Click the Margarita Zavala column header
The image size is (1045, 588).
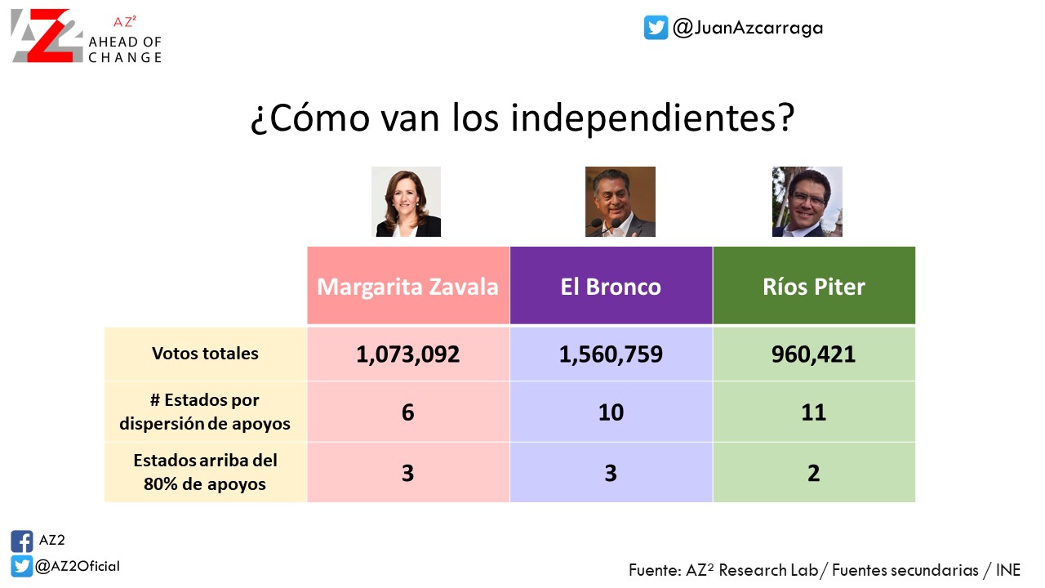coord(407,286)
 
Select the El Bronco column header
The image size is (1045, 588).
coord(611,286)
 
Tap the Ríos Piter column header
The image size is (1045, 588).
coord(814,286)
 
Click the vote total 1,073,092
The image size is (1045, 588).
coord(407,354)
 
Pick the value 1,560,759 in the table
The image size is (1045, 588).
coord(611,354)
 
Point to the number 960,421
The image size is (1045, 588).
coord(814,354)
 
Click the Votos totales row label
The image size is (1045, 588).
coord(205,354)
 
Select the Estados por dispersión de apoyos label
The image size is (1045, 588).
coord(205,412)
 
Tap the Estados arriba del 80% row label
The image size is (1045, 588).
coord(205,472)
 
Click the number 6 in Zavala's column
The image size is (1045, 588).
coord(407,412)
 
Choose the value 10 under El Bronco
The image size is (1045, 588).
coord(611,412)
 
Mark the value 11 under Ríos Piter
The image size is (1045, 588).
coord(814,412)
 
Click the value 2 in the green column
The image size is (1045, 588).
coord(814,473)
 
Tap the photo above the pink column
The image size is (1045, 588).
coord(407,202)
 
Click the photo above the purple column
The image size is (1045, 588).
coord(620,202)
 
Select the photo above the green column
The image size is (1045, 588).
coord(807,202)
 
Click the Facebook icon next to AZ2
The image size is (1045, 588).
coord(22,541)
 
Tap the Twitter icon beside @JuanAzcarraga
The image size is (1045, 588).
coord(656,28)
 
